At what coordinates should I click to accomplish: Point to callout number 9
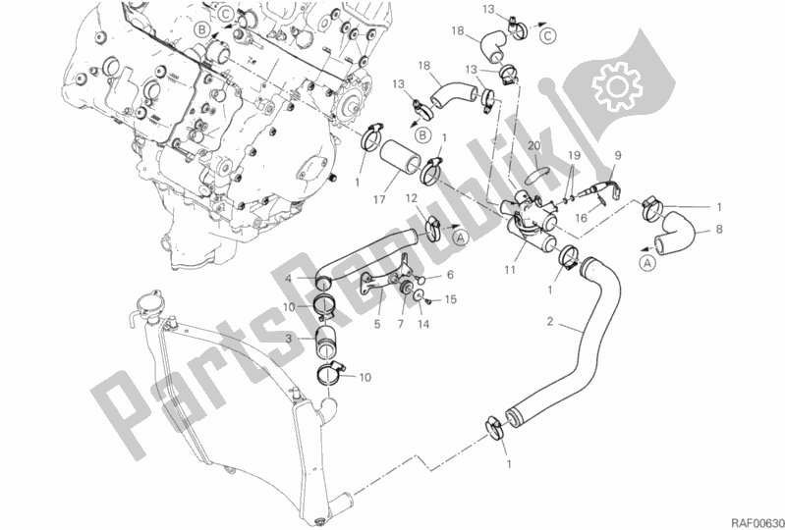(x=618, y=154)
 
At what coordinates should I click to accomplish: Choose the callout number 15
(x=451, y=299)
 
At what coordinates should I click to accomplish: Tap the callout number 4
(x=289, y=279)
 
